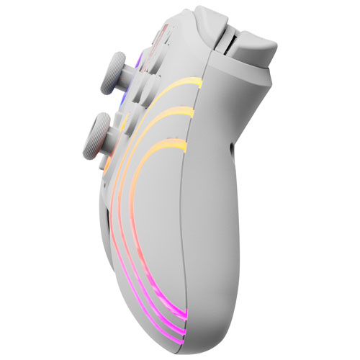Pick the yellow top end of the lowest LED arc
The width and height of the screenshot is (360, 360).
[186, 149]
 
